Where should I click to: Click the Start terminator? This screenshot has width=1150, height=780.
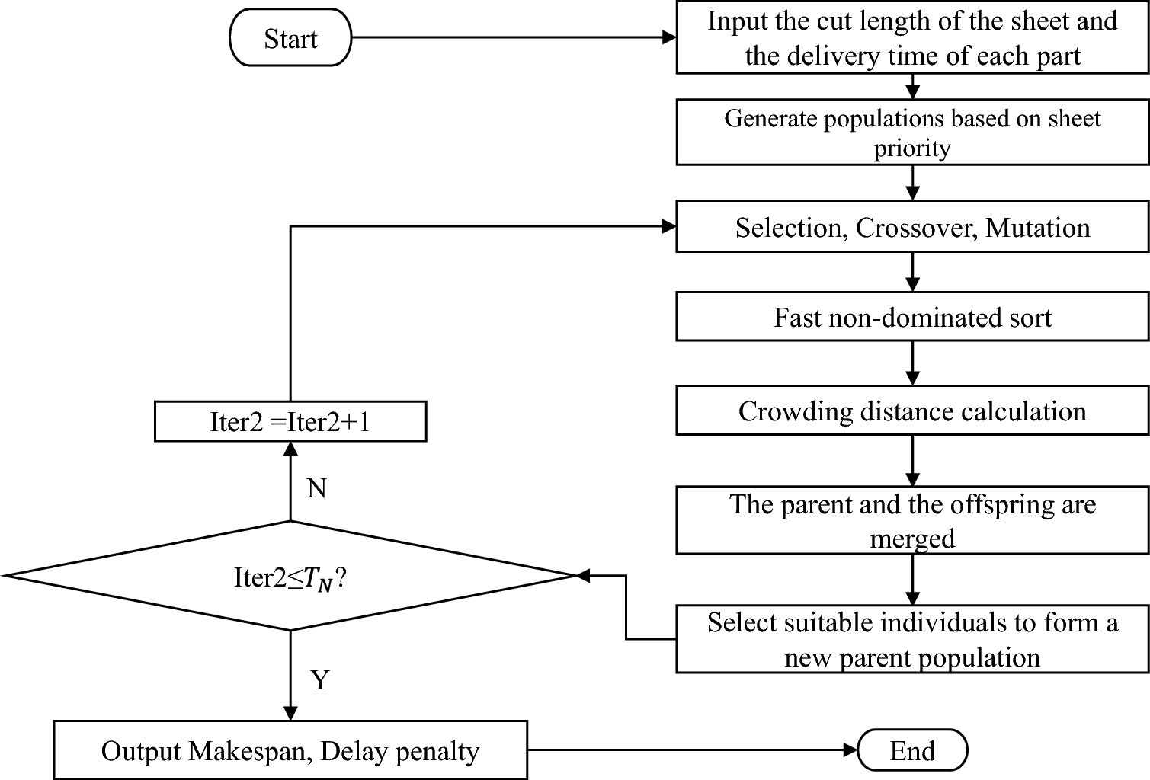click(x=290, y=38)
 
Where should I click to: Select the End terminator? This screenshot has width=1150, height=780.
click(x=912, y=751)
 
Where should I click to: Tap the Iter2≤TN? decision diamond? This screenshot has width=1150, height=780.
click(x=290, y=577)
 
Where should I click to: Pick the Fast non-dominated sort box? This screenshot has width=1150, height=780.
click(x=912, y=318)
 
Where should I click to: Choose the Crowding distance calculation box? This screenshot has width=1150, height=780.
click(x=912, y=412)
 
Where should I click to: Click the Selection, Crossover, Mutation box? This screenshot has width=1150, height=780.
click(x=912, y=228)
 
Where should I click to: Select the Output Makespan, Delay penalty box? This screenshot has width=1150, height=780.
click(x=290, y=751)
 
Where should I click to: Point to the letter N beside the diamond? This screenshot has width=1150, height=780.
click(x=317, y=488)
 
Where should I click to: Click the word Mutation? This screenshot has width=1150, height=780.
click(x=1038, y=228)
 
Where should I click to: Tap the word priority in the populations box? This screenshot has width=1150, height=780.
click(x=912, y=149)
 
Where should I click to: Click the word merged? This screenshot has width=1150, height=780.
click(x=912, y=539)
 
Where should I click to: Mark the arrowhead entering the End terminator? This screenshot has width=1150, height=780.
click(x=850, y=751)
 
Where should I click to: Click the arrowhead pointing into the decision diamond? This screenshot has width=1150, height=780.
click(x=583, y=577)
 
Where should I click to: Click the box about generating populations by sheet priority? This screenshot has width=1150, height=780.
click(x=912, y=133)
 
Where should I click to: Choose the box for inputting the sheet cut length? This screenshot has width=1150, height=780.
click(x=912, y=38)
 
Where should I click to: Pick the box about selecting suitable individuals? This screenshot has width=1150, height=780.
click(x=912, y=640)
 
